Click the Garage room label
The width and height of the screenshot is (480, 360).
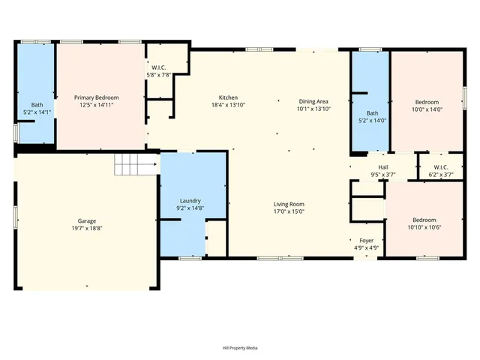click(x=87, y=221)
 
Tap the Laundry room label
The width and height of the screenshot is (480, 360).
click(x=190, y=201)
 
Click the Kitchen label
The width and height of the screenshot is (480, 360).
click(x=228, y=97)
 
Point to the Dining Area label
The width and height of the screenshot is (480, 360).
click(x=313, y=101)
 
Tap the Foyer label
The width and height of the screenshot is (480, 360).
click(x=366, y=241)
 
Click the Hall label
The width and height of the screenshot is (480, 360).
click(x=383, y=167)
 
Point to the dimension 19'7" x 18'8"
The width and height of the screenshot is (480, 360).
click(x=87, y=228)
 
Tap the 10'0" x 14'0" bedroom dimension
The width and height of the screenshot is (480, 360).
click(x=427, y=109)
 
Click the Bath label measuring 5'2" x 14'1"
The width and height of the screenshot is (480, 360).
click(x=37, y=105)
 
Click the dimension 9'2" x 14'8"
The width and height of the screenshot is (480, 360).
click(x=190, y=208)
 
